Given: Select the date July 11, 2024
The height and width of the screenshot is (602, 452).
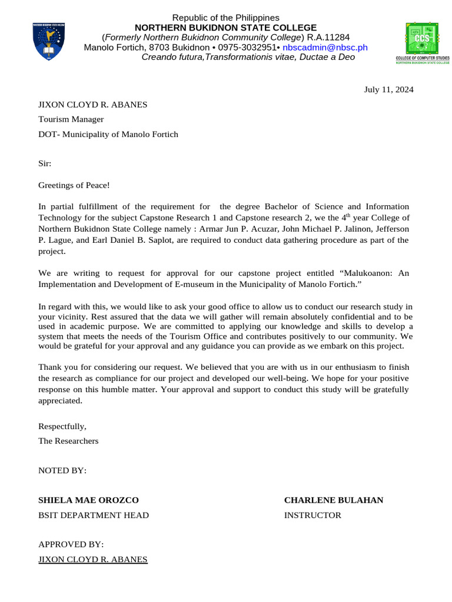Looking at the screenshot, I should (388, 89).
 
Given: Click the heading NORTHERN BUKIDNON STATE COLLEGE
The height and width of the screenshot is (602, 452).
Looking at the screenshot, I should (226, 28).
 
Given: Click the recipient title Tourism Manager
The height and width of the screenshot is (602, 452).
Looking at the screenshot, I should (71, 119).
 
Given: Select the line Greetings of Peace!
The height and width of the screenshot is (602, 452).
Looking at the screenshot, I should (74, 185).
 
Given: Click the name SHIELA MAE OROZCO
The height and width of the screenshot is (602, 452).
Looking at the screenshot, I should (88, 500).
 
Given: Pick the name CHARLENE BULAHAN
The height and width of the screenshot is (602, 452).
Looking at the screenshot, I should (333, 500).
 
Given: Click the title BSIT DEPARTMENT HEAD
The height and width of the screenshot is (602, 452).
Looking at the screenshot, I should (94, 516).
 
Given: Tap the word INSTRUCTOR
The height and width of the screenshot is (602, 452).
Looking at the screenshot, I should (313, 516).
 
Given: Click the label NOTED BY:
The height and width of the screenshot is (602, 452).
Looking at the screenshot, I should (62, 471).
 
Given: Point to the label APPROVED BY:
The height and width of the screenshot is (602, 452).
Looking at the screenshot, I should (71, 545).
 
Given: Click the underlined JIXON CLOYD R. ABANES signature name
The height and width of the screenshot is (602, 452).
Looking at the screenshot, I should (93, 559).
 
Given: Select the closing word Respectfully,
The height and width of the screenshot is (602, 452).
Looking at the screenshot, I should (62, 426).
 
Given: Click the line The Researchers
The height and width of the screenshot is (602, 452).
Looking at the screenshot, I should (68, 440).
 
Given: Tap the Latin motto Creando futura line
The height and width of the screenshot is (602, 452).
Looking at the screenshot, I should (248, 57).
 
